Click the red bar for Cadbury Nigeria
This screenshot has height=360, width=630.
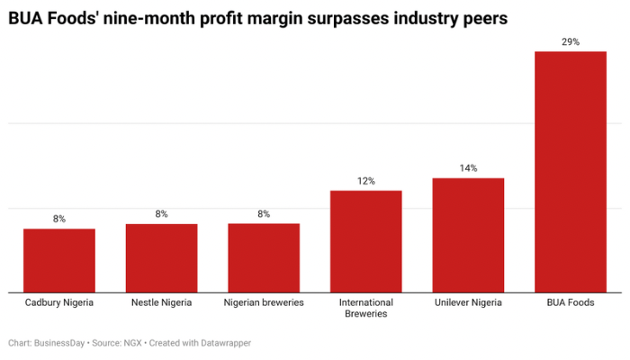(59, 260)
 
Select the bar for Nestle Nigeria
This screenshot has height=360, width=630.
(161, 257)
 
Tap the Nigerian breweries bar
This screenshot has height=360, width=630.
(264, 257)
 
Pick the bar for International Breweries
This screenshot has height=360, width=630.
(365, 241)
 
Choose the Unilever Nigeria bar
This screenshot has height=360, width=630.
(468, 235)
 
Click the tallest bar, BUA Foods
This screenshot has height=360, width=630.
(571, 171)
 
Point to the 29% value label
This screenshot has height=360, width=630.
(571, 41)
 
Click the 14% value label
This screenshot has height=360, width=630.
(468, 168)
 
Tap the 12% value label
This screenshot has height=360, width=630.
(365, 181)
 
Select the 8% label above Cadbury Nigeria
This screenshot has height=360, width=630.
(59, 219)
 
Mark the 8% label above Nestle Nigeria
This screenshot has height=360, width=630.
(161, 213)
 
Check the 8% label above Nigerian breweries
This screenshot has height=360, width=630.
(264, 213)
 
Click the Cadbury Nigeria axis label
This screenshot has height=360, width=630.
(59, 303)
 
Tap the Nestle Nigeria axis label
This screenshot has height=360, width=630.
(161, 303)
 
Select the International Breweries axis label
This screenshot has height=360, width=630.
(365, 308)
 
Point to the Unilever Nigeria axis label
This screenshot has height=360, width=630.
(468, 303)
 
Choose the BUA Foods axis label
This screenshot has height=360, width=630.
(571, 303)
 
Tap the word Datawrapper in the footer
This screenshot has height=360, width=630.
(223, 343)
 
